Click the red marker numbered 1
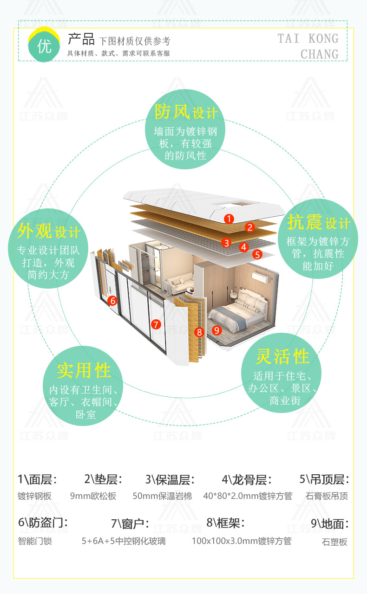pos(229,218)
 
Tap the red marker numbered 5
pos(258,254)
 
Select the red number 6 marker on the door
pos(112,301)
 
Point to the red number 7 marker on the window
pos(156,324)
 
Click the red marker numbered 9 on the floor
pos(216,330)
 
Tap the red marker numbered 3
pos(226,242)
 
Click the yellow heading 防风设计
pos(186,112)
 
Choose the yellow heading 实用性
pos(84,370)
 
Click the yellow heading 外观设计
pos(49,231)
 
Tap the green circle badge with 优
pos(44,47)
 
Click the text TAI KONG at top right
pos(308,39)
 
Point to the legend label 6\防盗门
pos(43,522)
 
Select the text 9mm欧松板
pos(93,496)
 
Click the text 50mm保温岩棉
pos(162,496)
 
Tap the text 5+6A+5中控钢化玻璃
pos(123,541)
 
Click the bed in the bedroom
pos(232,311)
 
